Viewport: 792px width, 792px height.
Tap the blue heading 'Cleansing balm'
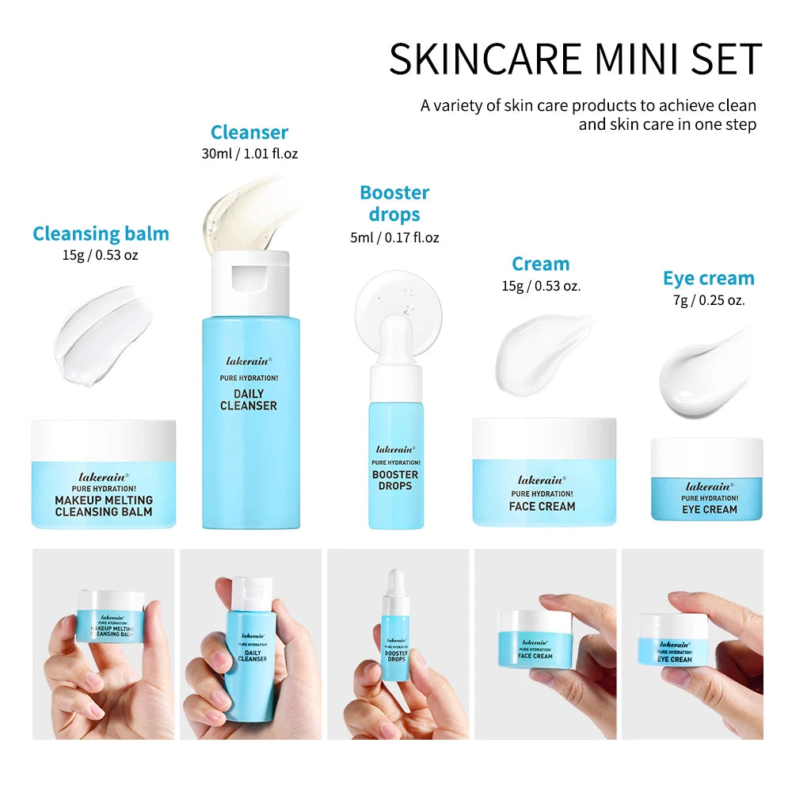(x=101, y=234)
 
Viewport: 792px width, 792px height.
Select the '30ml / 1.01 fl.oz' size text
(x=249, y=154)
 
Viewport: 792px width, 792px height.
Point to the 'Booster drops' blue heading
(x=394, y=204)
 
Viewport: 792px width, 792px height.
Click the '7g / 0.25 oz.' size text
(x=708, y=300)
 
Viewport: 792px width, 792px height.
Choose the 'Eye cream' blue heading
(x=708, y=279)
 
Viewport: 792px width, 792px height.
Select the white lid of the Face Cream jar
(x=544, y=437)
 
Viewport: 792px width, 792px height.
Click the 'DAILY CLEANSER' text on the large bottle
(x=249, y=400)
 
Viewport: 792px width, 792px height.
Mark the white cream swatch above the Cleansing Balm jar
(x=103, y=337)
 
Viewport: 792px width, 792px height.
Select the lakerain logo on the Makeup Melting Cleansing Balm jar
(x=104, y=478)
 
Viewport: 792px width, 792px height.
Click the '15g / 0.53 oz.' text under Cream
(x=541, y=286)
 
